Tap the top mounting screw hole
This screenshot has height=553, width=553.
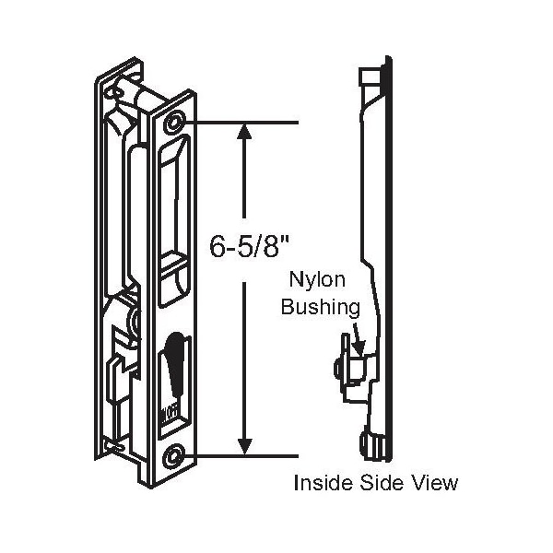[175, 124]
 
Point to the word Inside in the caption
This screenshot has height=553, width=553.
[319, 482]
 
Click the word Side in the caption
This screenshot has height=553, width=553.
[378, 482]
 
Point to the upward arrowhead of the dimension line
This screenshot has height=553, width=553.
[244, 133]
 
